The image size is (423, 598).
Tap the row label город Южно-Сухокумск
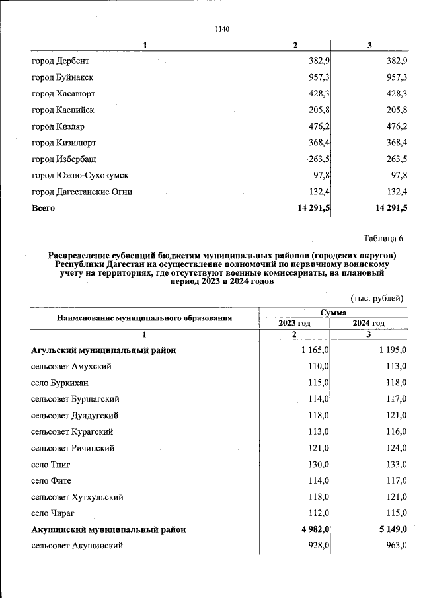(x=80, y=175)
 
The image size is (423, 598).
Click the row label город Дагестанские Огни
(x=82, y=192)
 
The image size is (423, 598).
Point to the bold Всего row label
(x=44, y=208)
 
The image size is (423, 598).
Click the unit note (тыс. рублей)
(x=376, y=298)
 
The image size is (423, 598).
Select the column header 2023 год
(x=294, y=323)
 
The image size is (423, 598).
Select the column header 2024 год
(x=369, y=323)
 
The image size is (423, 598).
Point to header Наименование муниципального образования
(x=144, y=318)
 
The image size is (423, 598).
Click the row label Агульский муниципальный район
(x=103, y=350)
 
